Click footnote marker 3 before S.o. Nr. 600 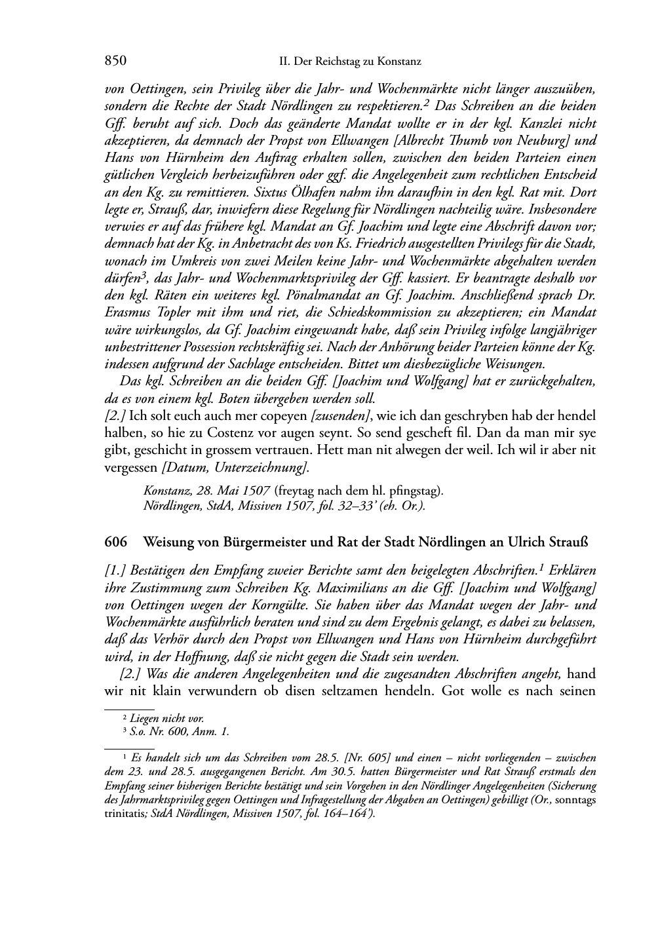pyautogui.click(x=125, y=732)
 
